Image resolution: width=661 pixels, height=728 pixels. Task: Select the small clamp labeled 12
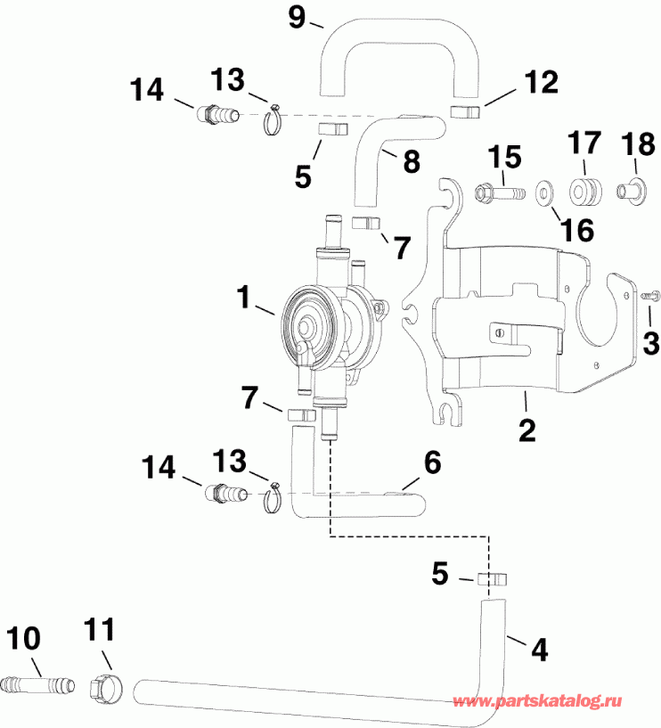(464, 110)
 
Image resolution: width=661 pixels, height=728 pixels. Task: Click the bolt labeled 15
(502, 191)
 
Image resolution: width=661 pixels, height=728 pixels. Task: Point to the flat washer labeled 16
(543, 192)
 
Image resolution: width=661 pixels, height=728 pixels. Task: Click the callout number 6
(431, 461)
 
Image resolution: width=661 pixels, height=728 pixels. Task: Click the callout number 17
(584, 143)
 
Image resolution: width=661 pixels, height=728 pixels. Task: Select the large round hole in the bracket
(610, 304)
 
